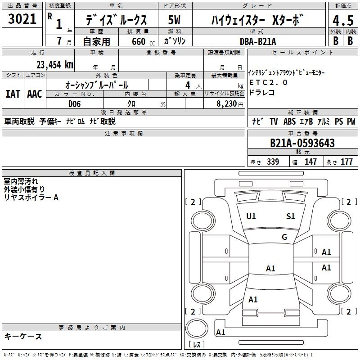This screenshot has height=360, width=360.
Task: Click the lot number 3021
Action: [22, 19]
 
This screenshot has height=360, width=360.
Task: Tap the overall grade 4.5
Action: [343, 20]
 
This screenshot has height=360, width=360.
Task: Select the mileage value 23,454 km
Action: [54, 65]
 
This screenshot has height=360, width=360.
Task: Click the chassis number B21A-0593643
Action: [302, 143]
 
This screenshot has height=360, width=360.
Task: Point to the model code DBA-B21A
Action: [258, 41]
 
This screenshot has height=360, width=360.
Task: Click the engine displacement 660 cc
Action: [143, 42]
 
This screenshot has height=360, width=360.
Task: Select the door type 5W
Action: [174, 20]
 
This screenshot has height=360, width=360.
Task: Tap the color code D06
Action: [74, 104]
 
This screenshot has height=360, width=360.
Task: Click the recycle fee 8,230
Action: [227, 104]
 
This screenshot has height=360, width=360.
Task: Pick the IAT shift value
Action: [13, 94]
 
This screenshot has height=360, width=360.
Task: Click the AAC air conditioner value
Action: [35, 94]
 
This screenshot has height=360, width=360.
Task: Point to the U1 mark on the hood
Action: [251, 216]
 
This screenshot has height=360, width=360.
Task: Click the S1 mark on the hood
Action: [290, 216]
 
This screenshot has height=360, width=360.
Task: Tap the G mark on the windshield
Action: [284, 237]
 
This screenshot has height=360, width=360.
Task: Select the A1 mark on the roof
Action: [270, 268]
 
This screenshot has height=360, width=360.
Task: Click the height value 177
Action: [346, 162]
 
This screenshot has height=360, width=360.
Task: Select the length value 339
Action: [273, 162]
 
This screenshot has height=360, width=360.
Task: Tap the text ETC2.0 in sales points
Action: [268, 82]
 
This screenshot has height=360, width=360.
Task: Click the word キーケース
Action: [23, 336]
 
